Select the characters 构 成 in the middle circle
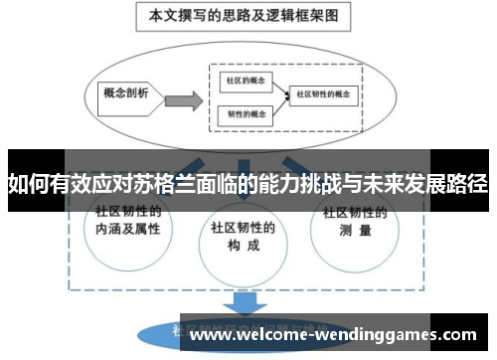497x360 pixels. coord(243,244)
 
